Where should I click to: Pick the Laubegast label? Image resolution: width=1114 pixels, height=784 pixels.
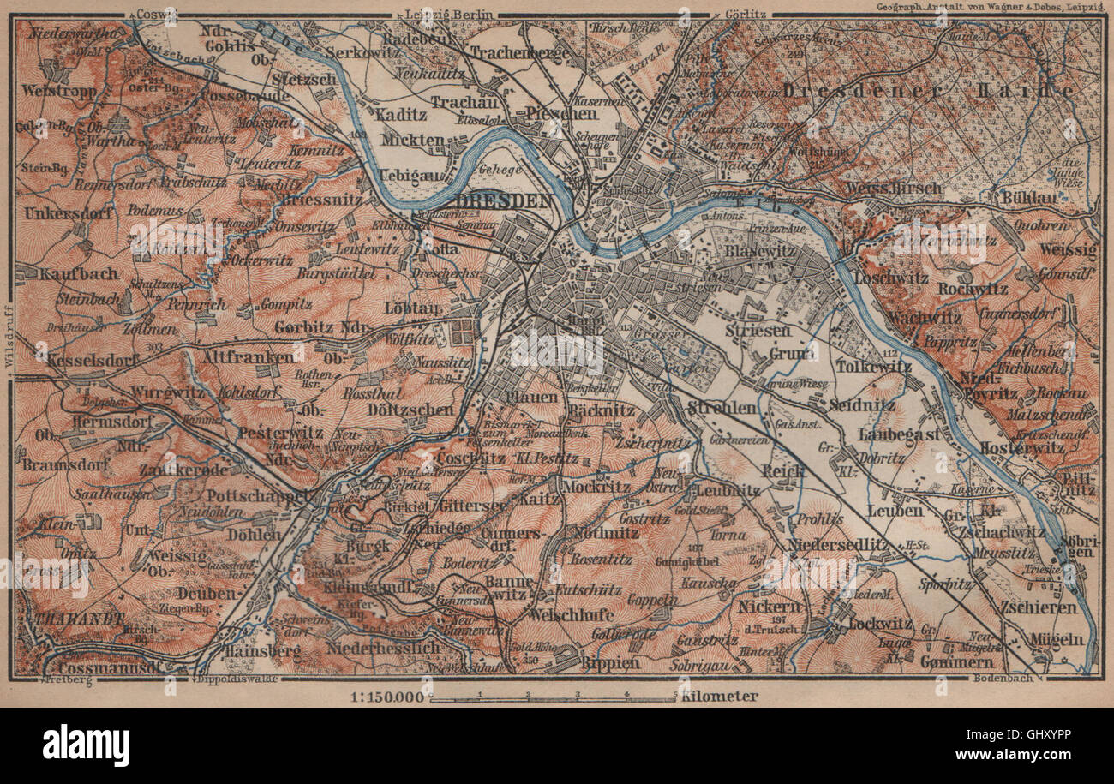point(898,435)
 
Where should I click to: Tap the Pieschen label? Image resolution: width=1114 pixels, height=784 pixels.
point(561,113)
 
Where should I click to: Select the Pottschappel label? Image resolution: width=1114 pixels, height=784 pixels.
point(256,496)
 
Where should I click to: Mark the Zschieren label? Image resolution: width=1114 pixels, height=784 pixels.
point(1036,607)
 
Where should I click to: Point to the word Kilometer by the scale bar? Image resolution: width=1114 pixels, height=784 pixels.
point(719,697)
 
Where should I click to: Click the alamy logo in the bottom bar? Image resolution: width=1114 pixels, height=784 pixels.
point(86,745)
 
